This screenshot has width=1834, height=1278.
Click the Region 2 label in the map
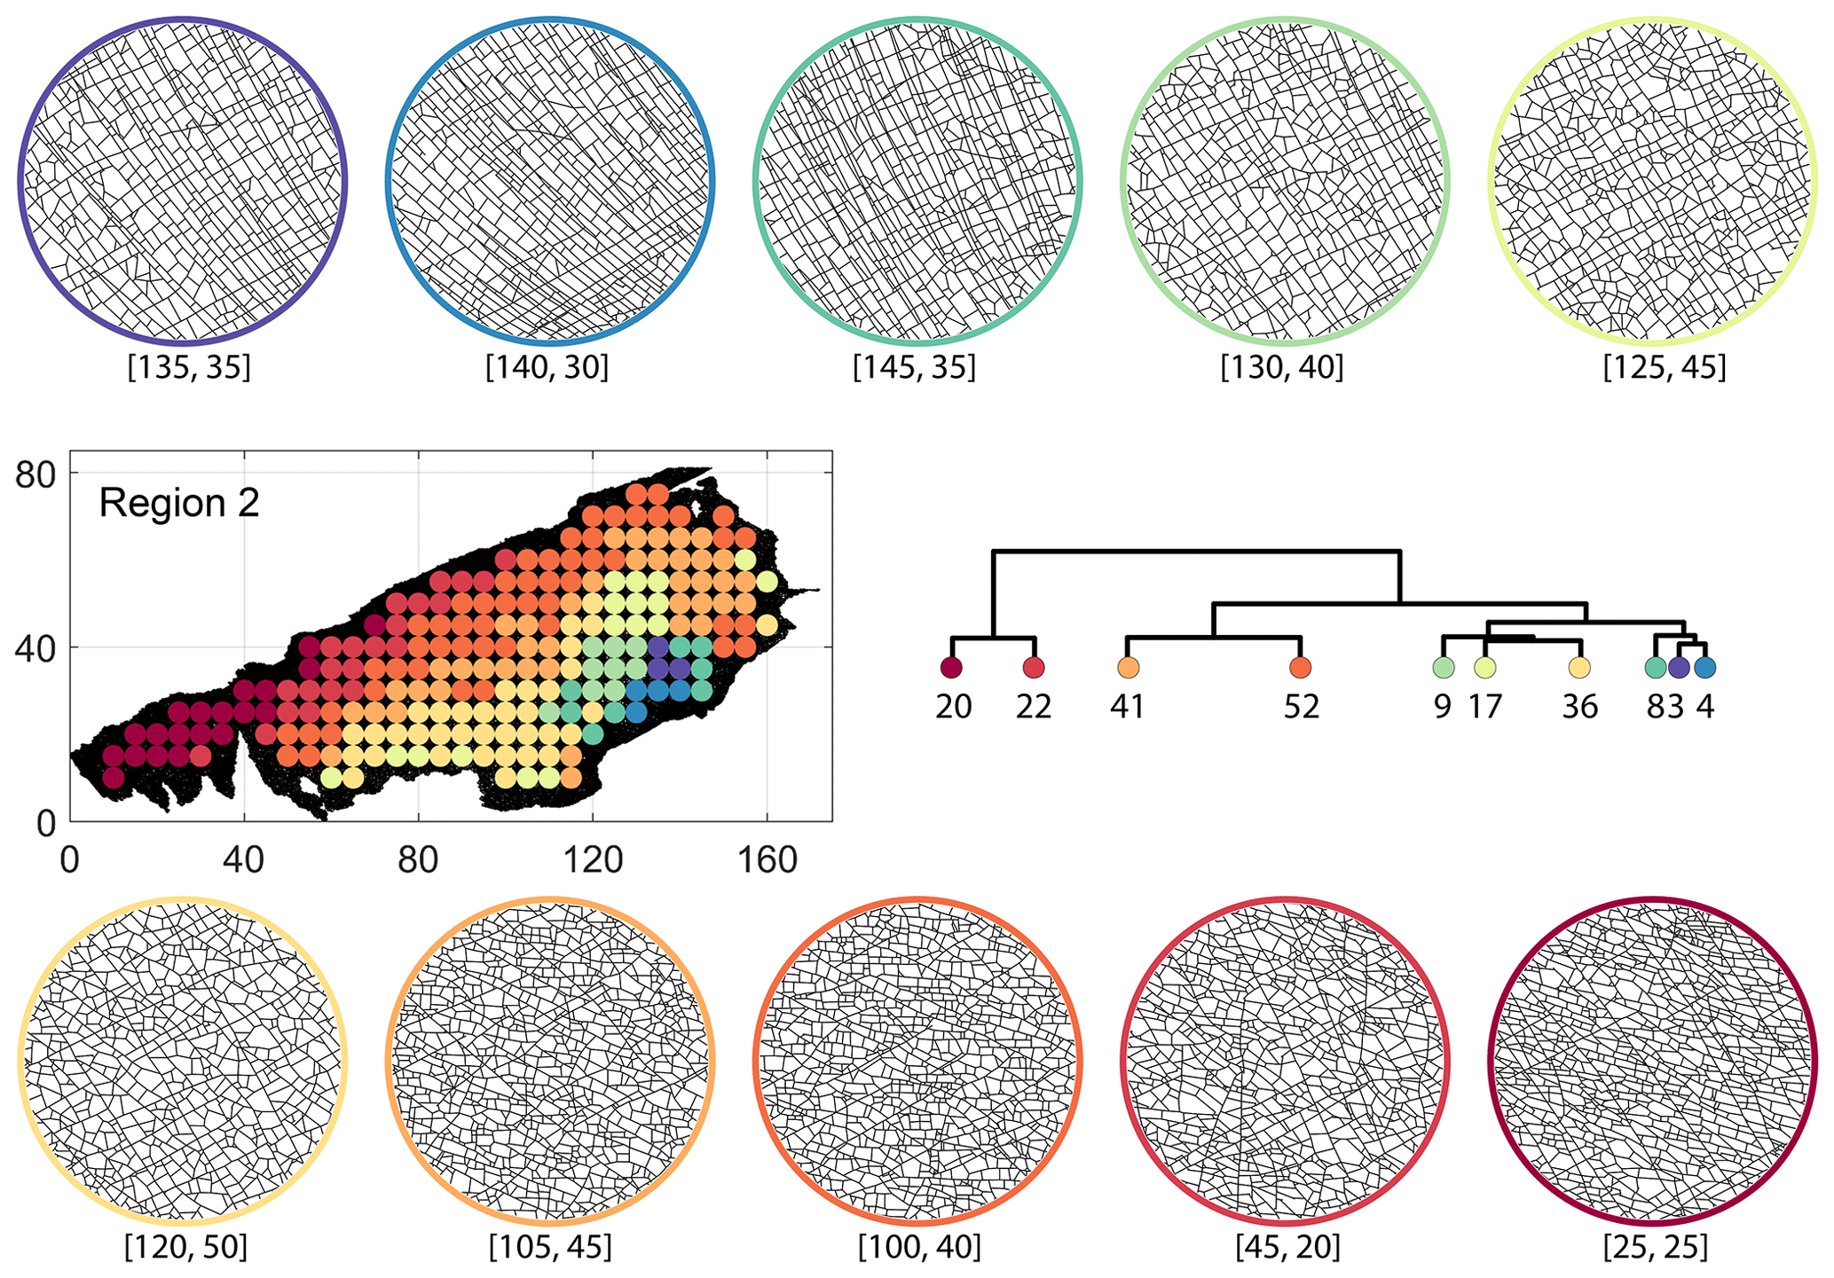(x=179, y=503)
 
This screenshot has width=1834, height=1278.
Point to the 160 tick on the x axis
(x=767, y=859)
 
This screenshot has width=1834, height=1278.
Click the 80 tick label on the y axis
(x=35, y=473)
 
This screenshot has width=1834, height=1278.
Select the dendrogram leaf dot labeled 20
(x=951, y=668)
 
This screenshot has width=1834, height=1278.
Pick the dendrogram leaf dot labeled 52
(x=1301, y=668)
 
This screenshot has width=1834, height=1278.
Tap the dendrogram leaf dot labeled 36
(x=1578, y=668)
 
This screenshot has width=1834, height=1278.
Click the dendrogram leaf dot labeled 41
(x=1128, y=668)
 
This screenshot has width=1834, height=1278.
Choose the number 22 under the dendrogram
(x=1034, y=707)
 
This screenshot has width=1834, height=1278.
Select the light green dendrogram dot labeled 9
(x=1444, y=668)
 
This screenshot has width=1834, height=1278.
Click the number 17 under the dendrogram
(x=1485, y=707)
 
